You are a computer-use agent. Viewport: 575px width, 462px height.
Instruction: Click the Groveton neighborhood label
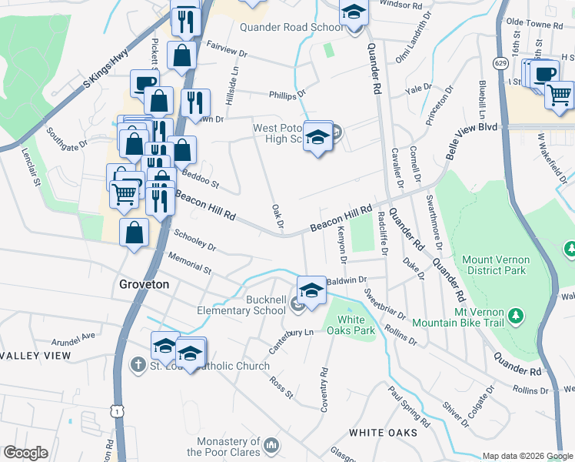click(x=144, y=284)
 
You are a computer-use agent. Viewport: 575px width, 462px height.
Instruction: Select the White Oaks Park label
click(x=356, y=325)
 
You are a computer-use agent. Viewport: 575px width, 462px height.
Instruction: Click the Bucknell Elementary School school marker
click(x=311, y=291)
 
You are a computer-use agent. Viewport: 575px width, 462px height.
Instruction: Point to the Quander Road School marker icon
click(x=354, y=13)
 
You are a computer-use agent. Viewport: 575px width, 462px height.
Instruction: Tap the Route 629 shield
click(x=501, y=62)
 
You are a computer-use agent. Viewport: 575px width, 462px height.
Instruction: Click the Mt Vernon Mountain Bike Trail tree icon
click(x=517, y=316)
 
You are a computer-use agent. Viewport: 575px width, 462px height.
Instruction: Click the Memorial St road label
click(x=189, y=263)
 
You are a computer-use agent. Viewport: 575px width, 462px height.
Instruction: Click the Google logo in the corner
click(x=25, y=453)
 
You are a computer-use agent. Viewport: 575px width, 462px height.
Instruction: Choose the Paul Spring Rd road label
click(x=408, y=407)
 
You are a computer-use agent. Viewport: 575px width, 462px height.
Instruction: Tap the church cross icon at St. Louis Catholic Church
click(x=138, y=363)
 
